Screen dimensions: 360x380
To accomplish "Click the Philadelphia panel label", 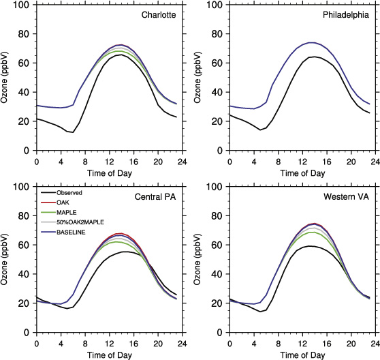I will [x=347, y=15].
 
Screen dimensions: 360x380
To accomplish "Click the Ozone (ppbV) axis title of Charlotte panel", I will [x=7, y=78].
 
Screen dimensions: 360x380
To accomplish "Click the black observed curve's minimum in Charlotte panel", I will [x=72, y=132].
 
